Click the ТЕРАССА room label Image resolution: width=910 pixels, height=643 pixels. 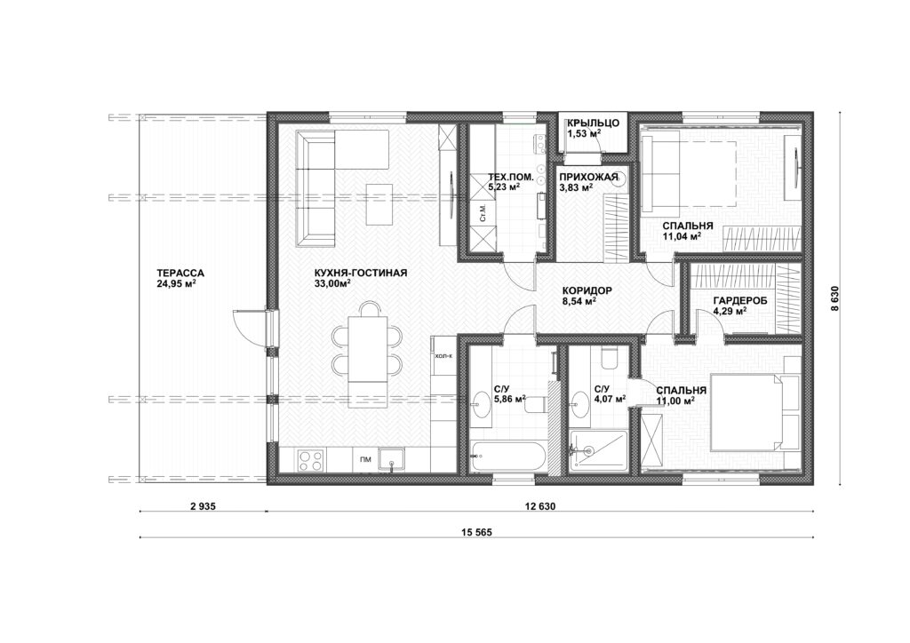tap(180, 273)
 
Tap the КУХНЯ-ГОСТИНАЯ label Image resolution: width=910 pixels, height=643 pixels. tap(361, 273)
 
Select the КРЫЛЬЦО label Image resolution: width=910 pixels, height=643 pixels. tap(593, 123)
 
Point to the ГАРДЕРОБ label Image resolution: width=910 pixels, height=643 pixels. tap(740, 300)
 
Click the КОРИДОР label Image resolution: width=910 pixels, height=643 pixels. tap(587, 290)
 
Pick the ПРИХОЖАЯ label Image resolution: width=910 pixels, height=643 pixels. tap(585, 177)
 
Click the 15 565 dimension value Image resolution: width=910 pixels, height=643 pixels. tap(477, 532)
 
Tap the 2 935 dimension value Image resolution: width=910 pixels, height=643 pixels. tap(203, 506)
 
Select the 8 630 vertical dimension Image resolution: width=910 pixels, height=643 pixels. tap(834, 300)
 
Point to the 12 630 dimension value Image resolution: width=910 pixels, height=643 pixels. tap(539, 506)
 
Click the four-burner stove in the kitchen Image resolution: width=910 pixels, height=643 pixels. tap(310, 460)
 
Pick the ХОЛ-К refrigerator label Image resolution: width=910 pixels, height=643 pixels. tap(443, 356)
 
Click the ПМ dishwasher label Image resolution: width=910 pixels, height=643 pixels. tap(365, 460)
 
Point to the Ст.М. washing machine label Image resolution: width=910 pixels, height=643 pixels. tap(483, 213)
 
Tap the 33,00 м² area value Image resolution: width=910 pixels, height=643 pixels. tap(332, 283)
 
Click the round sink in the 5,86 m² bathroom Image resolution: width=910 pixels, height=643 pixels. tap(483, 401)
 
